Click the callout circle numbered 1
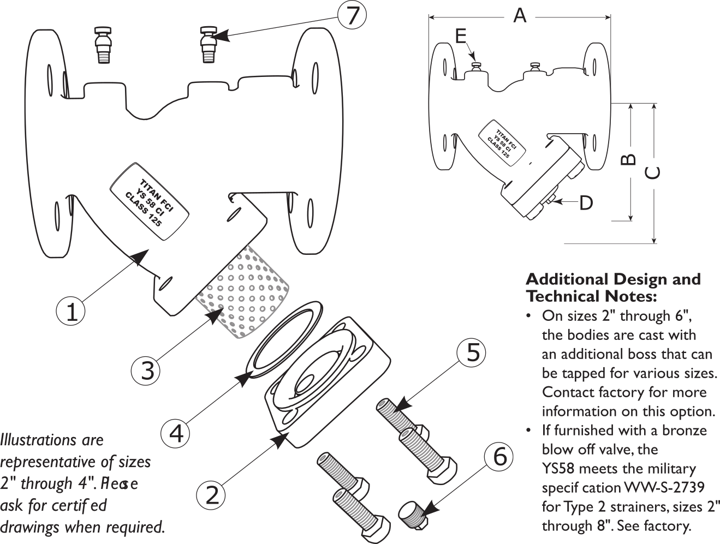point(72,312)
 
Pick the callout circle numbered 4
point(176,434)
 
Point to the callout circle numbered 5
point(472,353)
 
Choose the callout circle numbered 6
point(499,457)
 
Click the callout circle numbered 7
point(352,15)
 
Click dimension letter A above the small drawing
point(520,16)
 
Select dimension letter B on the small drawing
point(629,159)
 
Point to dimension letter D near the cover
point(585,203)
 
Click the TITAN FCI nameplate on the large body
point(150,201)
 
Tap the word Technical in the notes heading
point(562,296)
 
